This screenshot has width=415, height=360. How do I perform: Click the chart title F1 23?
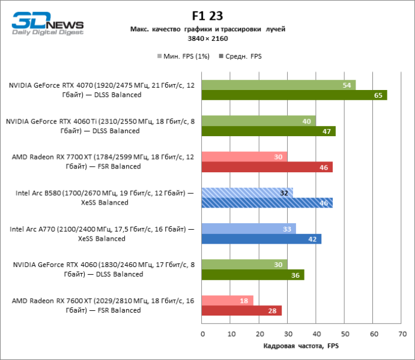pyautogui.click(x=207, y=17)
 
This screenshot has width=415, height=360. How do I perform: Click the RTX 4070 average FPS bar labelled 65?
pyautogui.click(x=294, y=95)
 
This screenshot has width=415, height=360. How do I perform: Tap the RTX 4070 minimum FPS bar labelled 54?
pyautogui.click(x=279, y=85)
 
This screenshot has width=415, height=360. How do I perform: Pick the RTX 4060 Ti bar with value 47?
pyautogui.click(x=268, y=131)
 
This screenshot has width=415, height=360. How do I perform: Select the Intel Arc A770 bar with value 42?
pyautogui.click(x=262, y=239)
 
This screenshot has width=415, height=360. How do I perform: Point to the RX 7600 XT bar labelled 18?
pyautogui.click(x=228, y=300)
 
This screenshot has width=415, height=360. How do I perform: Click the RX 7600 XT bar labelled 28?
pyautogui.click(x=241, y=310)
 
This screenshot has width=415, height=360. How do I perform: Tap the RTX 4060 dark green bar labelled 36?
pyautogui.click(x=253, y=275)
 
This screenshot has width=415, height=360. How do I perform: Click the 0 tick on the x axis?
pyautogui.click(x=202, y=334)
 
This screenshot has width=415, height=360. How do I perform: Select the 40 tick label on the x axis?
pyautogui.click(x=316, y=334)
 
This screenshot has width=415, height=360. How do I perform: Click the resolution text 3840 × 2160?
pyautogui.click(x=207, y=38)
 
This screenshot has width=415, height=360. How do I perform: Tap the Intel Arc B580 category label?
pyautogui.click(x=101, y=198)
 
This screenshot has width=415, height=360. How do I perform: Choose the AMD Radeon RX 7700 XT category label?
pyautogui.click(x=101, y=161)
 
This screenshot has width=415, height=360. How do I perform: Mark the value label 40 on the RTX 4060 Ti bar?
pyautogui.click(x=306, y=121)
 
